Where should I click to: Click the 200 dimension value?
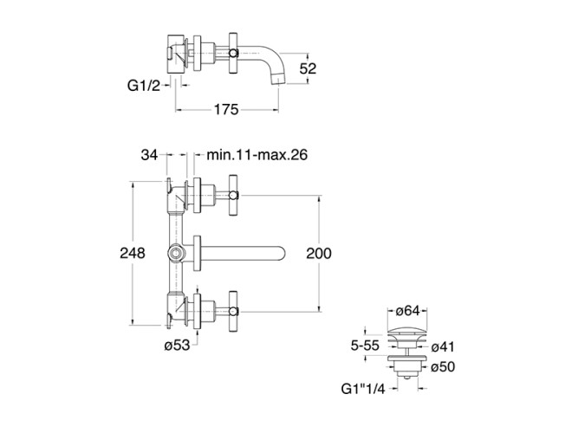point(320,253)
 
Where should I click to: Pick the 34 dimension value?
point(149,155)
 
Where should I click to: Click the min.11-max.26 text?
point(258,155)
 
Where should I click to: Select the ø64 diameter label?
point(407,312)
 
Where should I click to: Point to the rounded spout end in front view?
point(281,253)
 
